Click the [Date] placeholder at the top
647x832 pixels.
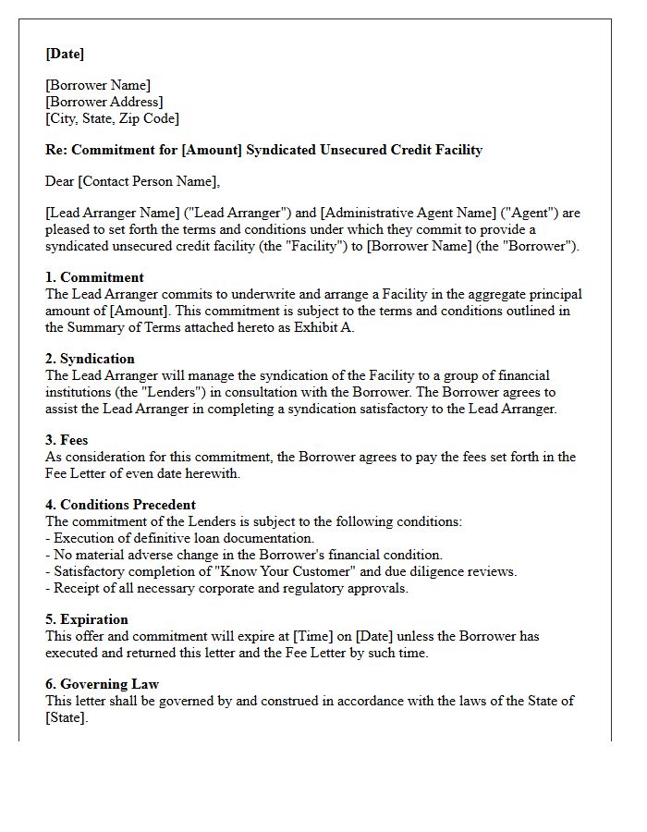click(x=65, y=54)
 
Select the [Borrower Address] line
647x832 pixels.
click(x=104, y=102)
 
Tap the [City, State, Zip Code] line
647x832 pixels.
click(x=112, y=118)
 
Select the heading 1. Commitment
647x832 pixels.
click(x=94, y=277)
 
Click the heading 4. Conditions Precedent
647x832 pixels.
click(x=120, y=505)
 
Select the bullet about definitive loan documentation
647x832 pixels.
click(x=183, y=538)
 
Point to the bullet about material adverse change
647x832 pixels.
click(x=247, y=555)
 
